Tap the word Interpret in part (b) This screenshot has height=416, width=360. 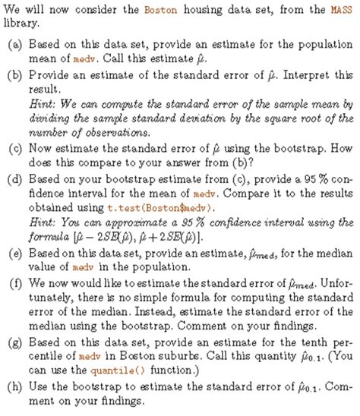point(308,76)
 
